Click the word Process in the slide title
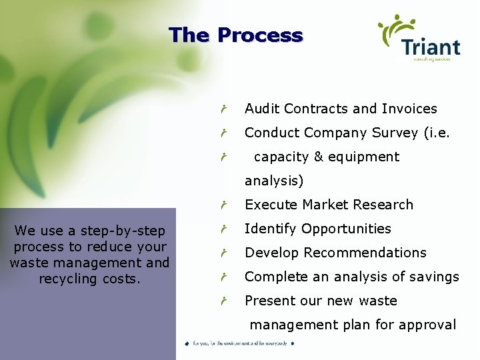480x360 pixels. [260, 35]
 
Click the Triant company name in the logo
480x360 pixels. [431, 47]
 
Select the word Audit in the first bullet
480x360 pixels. [262, 109]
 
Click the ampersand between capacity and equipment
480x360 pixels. [318, 157]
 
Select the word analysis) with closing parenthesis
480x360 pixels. [274, 181]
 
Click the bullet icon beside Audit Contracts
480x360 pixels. [225, 109]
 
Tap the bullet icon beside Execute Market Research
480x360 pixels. [225, 205]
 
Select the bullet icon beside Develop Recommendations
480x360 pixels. [225, 253]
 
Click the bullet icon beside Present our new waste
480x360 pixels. [225, 301]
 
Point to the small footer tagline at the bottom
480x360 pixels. [239, 343]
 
